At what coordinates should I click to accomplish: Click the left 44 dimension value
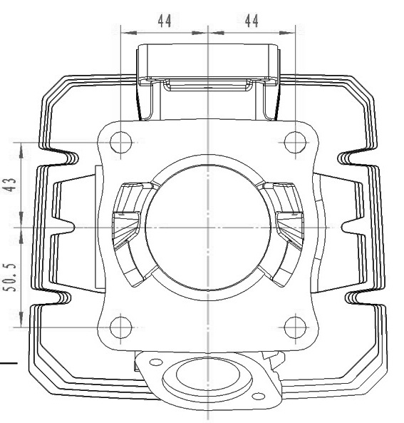[x=165, y=21]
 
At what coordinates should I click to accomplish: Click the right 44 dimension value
[x=252, y=21]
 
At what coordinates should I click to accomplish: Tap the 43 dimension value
[x=11, y=185]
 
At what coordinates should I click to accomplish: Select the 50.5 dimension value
[x=10, y=277]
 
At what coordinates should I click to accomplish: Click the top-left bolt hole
[x=120, y=142]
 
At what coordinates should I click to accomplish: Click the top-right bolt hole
[x=295, y=142]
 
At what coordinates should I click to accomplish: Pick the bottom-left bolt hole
[x=120, y=327]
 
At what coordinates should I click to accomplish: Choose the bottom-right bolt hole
[x=295, y=327]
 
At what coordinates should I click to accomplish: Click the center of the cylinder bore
[x=208, y=228]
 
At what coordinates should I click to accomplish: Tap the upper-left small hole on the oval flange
[x=156, y=362]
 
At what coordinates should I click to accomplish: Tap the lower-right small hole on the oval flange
[x=258, y=397]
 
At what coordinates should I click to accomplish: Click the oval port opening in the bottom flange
[x=208, y=374]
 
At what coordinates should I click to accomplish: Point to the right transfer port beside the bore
[x=287, y=232]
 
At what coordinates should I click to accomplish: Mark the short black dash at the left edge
[x=9, y=363]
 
